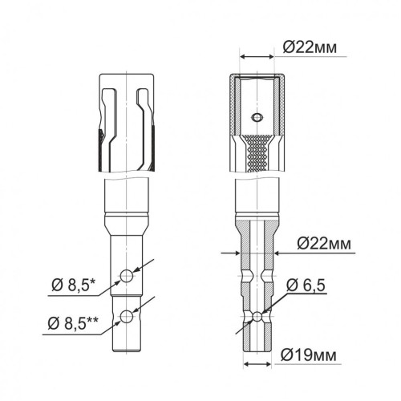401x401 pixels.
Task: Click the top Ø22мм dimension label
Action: point(310,48)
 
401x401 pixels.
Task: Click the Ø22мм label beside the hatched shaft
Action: point(324,244)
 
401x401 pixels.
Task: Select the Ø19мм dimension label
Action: point(309,355)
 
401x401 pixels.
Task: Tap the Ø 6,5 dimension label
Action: point(306,285)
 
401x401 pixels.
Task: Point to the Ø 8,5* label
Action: point(74,286)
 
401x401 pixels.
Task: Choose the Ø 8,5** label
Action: point(73,323)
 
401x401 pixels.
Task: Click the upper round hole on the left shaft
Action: point(127,276)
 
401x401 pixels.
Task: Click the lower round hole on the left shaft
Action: point(127,317)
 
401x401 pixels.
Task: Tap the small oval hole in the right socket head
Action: point(257,117)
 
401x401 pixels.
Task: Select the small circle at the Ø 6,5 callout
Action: point(257,316)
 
